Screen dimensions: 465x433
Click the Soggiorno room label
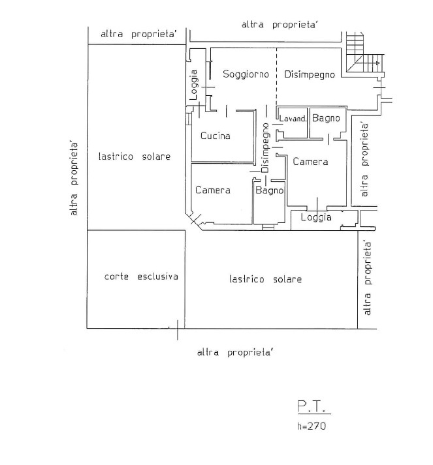246,75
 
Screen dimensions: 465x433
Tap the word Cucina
216,136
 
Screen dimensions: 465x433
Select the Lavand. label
293,119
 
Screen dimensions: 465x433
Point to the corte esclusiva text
141,277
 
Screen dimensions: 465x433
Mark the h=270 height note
311,427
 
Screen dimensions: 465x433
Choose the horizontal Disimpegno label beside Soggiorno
310,75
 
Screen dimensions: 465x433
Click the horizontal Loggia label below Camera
316,217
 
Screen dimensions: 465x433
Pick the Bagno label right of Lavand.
326,118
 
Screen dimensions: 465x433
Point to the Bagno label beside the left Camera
269,190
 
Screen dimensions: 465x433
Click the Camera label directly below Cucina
213,190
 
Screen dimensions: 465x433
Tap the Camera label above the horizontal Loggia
310,162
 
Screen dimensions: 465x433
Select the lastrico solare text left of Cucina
135,157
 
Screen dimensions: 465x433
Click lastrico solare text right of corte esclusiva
266,279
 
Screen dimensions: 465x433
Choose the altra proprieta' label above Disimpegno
280,25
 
